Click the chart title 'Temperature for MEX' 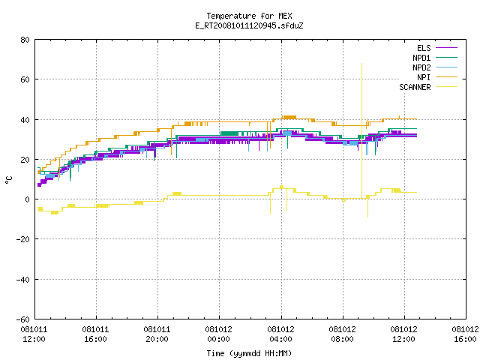(249, 16)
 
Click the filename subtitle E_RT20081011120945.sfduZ (249, 25)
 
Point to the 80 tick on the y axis (25, 40)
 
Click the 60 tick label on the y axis (25, 79)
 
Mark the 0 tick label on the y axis (28, 199)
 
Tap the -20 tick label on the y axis (23, 239)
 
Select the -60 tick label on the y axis (23, 319)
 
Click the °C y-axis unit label (8, 180)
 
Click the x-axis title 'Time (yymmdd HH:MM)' (249, 353)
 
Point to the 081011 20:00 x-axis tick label (157, 334)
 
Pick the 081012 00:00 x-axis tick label (218, 334)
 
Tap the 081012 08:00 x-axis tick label (342, 334)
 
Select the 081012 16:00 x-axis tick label (465, 334)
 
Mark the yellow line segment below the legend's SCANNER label (447, 87)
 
